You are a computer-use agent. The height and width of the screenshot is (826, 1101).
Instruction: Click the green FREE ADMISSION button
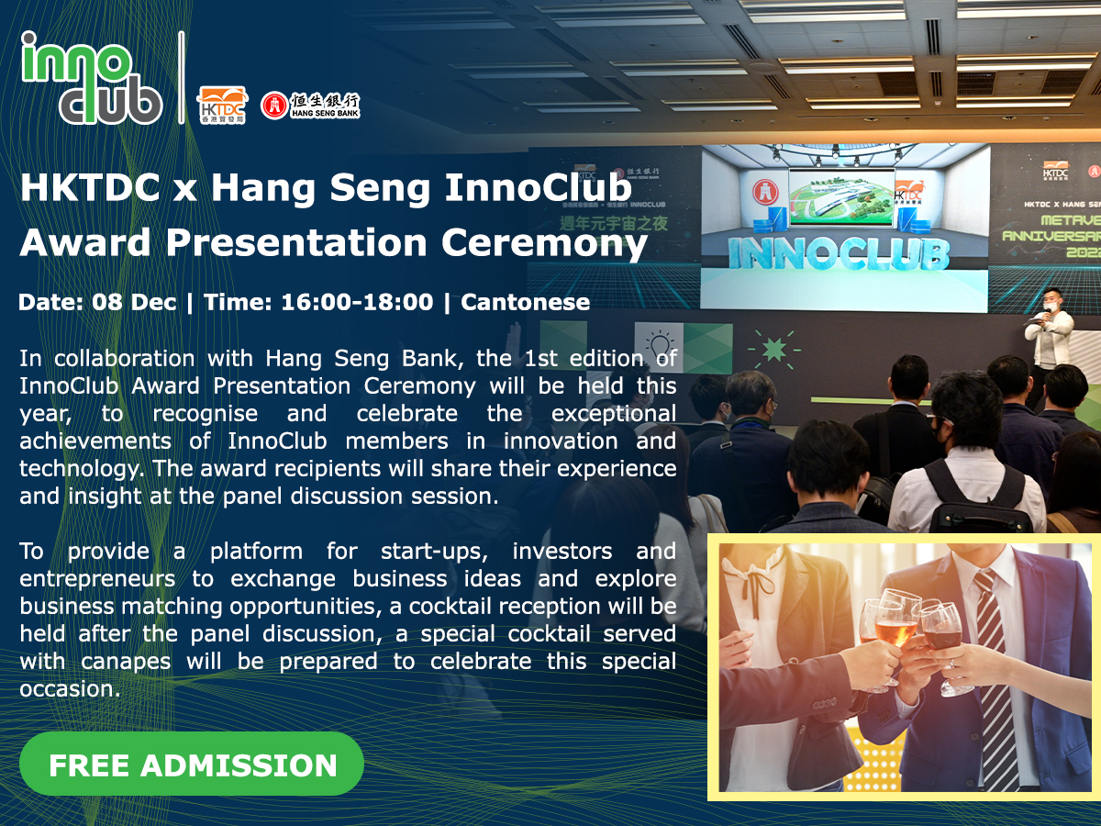click(x=191, y=764)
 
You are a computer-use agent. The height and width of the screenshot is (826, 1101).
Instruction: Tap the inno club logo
click(x=91, y=78)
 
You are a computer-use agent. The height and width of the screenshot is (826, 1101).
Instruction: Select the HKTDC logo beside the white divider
click(x=222, y=105)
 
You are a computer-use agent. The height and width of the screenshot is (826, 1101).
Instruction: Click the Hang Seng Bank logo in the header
click(x=310, y=106)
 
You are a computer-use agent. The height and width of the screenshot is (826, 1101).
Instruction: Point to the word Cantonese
click(x=525, y=302)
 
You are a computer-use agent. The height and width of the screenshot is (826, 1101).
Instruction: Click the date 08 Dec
click(x=134, y=302)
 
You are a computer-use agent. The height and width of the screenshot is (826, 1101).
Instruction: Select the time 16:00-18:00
click(x=357, y=302)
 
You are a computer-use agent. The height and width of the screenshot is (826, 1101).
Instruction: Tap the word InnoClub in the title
click(x=538, y=187)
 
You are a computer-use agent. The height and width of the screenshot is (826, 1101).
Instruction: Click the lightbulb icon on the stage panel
click(x=659, y=346)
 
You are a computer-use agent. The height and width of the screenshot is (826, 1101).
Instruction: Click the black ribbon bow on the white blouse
click(x=759, y=586)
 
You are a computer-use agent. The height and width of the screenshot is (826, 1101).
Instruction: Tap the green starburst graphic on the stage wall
click(x=774, y=349)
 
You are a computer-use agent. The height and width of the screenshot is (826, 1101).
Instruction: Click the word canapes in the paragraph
click(x=126, y=662)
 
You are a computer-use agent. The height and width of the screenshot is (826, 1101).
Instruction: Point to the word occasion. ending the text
click(x=71, y=689)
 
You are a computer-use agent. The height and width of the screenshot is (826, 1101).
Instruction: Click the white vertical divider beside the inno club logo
click(x=181, y=77)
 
